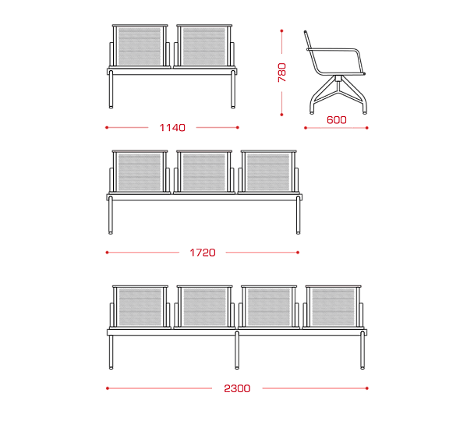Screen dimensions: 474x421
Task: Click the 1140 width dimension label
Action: (172, 128)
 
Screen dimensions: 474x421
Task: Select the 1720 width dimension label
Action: (203, 253)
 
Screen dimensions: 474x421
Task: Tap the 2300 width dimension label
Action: (237, 388)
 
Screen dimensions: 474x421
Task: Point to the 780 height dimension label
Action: (281, 73)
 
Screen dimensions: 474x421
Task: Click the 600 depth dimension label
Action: (337, 120)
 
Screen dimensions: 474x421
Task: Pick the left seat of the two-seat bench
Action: (140, 46)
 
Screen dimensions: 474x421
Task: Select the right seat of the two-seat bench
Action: (204, 46)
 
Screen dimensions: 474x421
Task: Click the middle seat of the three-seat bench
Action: (204, 172)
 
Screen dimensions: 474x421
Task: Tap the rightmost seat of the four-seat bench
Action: (333, 306)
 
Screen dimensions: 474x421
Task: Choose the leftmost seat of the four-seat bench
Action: (140, 306)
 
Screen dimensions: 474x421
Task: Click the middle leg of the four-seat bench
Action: (237, 350)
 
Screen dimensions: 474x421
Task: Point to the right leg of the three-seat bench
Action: (298, 215)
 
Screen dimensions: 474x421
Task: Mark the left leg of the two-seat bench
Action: (111, 89)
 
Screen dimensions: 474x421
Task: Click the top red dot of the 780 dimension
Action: (281, 31)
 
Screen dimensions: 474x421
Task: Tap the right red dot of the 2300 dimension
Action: (367, 388)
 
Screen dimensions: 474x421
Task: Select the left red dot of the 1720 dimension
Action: (107, 253)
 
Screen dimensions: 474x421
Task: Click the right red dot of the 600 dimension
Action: (367, 128)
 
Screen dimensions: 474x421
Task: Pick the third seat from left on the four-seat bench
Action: (269, 306)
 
